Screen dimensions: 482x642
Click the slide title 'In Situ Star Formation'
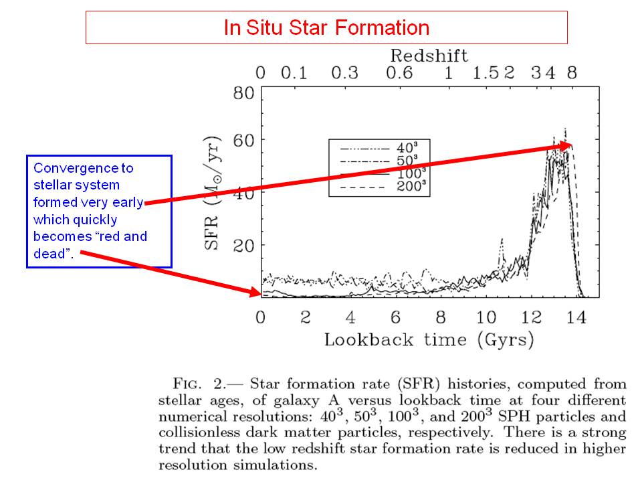(326, 27)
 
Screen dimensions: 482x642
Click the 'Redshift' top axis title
(429, 55)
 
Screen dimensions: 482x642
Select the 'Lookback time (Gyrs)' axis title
(429, 339)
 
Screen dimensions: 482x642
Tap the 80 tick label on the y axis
(243, 92)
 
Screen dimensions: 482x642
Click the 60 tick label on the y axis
(243, 141)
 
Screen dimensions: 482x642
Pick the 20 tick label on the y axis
(243, 246)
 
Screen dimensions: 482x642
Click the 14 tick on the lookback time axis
(576, 317)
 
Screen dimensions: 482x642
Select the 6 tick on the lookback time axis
(396, 317)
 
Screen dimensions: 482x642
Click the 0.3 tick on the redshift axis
(344, 72)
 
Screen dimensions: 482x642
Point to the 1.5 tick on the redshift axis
(484, 72)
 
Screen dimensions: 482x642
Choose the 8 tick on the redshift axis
(572, 72)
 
